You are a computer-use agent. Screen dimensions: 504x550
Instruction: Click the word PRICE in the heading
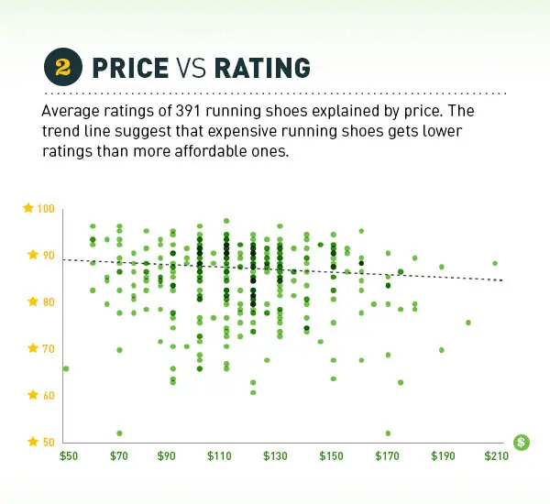pyautogui.click(x=129, y=69)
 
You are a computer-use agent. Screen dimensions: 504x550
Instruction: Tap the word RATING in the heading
pyautogui.click(x=261, y=69)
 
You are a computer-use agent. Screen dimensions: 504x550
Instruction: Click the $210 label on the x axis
pyautogui.click(x=496, y=455)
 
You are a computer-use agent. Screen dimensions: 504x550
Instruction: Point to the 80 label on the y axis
pyautogui.click(x=46, y=302)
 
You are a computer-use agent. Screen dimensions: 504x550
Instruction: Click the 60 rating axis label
pyautogui.click(x=46, y=396)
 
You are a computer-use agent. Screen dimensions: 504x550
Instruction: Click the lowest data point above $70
pyautogui.click(x=119, y=433)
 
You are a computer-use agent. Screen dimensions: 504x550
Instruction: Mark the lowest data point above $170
pyautogui.click(x=388, y=433)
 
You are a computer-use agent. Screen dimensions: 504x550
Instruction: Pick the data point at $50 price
pyautogui.click(x=66, y=368)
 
